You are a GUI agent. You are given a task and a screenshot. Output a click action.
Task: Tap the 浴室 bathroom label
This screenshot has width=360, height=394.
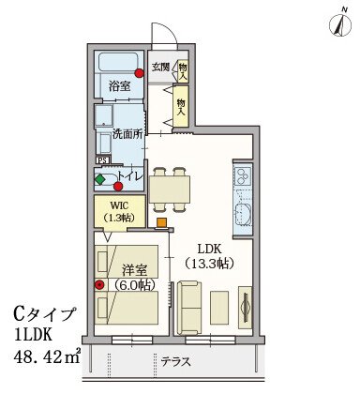click(x=120, y=85)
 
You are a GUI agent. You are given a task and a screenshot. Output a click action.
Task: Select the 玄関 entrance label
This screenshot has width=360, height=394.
click(x=161, y=67)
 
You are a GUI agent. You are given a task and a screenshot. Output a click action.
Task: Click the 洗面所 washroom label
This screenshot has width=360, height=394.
click(x=127, y=134)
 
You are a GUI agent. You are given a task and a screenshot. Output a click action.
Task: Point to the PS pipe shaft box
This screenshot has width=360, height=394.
click(x=102, y=160)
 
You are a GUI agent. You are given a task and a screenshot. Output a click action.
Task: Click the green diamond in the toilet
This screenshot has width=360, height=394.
click(x=100, y=179)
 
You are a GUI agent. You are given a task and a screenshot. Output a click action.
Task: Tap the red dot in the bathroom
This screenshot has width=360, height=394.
click(x=139, y=73)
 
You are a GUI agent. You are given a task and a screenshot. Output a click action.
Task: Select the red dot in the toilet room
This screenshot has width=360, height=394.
click(x=118, y=187)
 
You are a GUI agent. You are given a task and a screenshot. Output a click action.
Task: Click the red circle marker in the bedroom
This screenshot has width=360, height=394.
click(x=99, y=284)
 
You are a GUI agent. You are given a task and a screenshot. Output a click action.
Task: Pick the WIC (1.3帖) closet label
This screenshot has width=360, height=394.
click(x=120, y=212)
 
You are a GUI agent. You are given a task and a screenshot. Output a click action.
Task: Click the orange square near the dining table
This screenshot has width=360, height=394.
click(x=161, y=222)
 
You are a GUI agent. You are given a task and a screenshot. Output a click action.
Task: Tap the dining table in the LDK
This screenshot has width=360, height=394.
click(x=170, y=189)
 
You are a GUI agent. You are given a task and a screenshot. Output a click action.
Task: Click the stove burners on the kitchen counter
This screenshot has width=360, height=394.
click(x=243, y=176)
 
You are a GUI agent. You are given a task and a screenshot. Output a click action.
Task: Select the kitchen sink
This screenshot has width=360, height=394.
click(x=243, y=214)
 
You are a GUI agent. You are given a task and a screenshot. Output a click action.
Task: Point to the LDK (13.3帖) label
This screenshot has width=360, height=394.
click(x=209, y=257)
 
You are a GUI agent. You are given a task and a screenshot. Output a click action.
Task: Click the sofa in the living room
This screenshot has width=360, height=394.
click(x=188, y=308)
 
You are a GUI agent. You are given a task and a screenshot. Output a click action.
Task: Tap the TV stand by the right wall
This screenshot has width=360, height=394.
click(x=246, y=307)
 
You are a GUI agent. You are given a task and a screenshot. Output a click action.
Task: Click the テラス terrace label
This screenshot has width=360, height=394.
click(x=176, y=362)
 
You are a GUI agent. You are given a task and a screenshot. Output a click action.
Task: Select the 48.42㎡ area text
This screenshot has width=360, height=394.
click(x=47, y=356)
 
